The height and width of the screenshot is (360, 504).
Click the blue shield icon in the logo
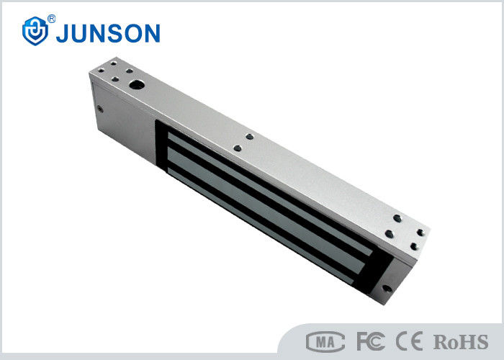[x=35, y=31]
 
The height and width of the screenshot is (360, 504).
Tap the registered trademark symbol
[x=51, y=19]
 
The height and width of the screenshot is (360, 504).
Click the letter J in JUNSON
[x=63, y=33]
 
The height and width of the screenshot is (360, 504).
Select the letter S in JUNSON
[x=114, y=33]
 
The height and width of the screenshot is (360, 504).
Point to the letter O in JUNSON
[x=133, y=33]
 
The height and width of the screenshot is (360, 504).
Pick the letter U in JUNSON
[x=80, y=33]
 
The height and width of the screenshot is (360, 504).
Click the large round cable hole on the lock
[x=137, y=85]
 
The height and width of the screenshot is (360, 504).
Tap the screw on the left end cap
[x=100, y=109]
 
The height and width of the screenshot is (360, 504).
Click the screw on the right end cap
[x=387, y=288]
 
